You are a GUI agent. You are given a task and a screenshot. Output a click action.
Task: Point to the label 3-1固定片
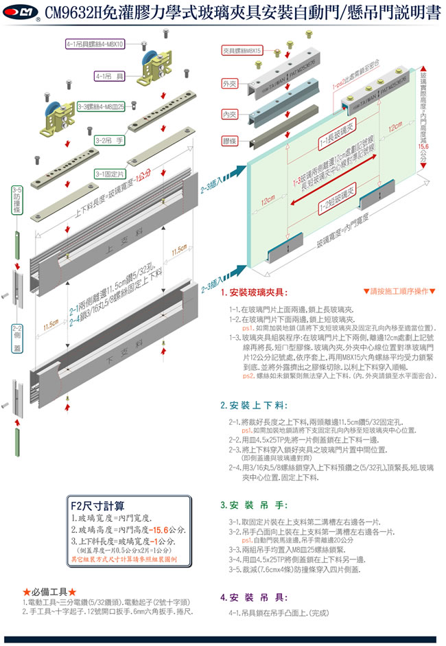coord(110,174)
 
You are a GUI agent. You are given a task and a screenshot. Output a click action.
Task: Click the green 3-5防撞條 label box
coord(16,200)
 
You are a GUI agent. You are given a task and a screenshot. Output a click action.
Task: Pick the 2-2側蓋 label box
coord(17,338)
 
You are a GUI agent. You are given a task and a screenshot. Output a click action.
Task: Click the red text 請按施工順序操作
coord(399,292)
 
